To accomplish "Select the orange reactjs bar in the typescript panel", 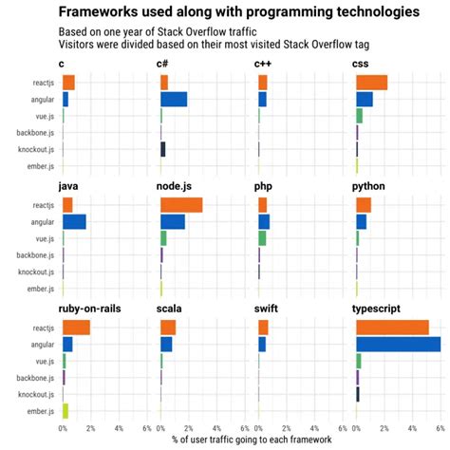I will [x=392, y=328].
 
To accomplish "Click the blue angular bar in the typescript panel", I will [x=398, y=344].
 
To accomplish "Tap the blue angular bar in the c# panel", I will [x=174, y=99].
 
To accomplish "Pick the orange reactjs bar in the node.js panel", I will [x=181, y=205].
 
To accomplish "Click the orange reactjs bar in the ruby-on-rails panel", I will [x=76, y=328].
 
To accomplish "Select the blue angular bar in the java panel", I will [x=74, y=221].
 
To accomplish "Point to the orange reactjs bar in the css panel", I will [x=371, y=83].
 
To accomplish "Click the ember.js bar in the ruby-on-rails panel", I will [x=66, y=410].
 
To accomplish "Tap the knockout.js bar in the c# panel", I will [x=163, y=149].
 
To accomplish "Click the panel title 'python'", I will [x=368, y=187].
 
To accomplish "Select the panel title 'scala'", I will [x=172, y=309].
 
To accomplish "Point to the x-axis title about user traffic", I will [x=252, y=440].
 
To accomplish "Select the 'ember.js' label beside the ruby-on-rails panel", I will [x=40, y=411].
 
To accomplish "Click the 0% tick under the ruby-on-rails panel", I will [x=63, y=427].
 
